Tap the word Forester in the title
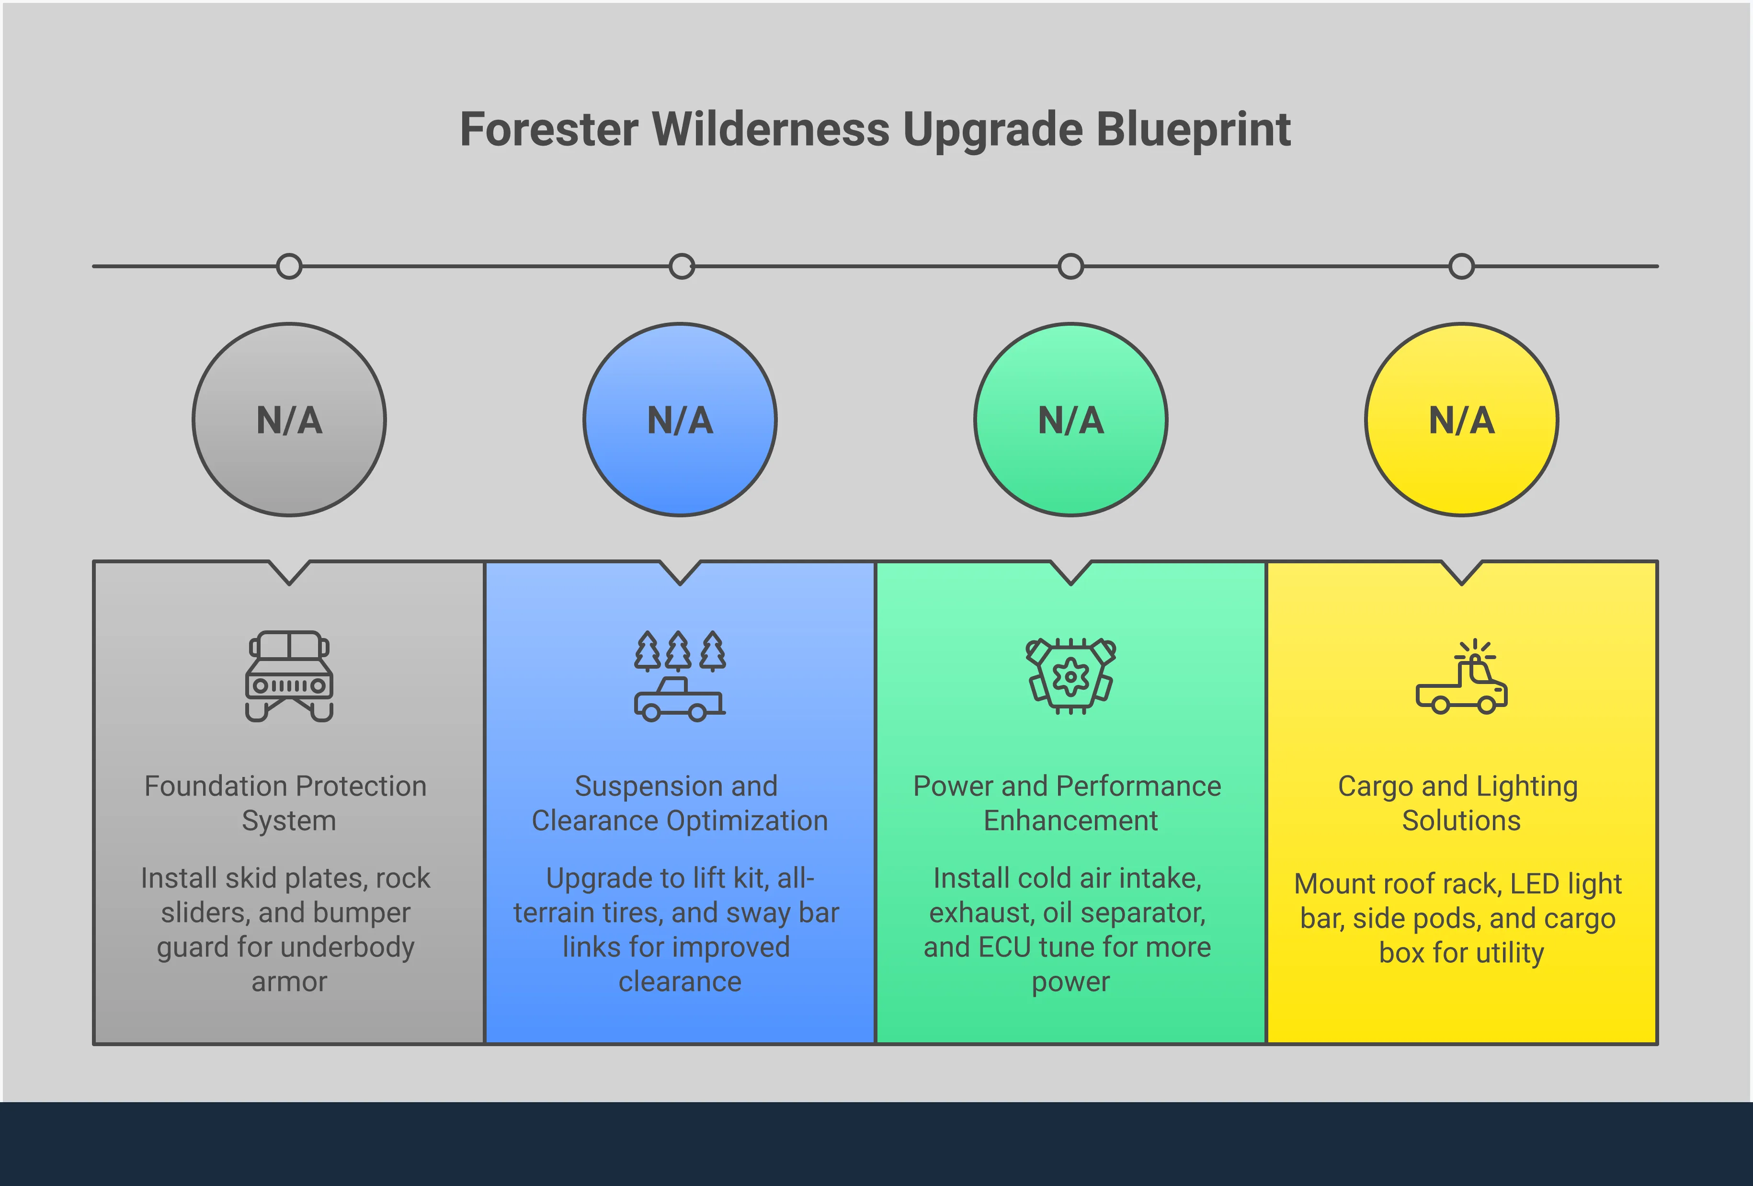[549, 130]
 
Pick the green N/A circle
[1070, 420]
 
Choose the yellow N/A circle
[1461, 420]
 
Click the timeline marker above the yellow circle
[1461, 266]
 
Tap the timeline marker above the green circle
[1070, 266]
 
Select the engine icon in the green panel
[1070, 676]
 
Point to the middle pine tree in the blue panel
[679, 651]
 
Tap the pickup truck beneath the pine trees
[679, 699]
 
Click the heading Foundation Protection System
[286, 803]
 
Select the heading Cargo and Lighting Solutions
[1459, 803]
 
